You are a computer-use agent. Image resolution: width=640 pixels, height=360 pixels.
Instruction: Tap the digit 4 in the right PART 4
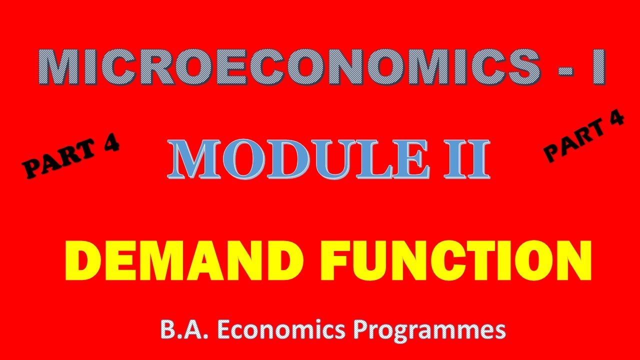614,121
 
